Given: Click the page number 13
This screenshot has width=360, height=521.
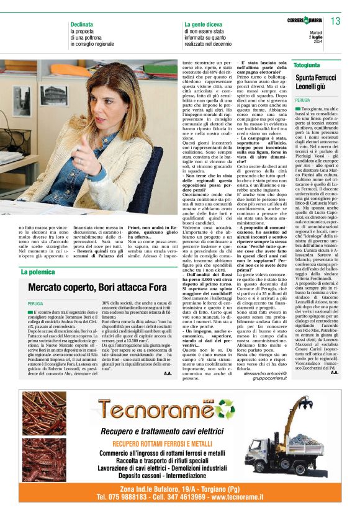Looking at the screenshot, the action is click(x=336, y=22).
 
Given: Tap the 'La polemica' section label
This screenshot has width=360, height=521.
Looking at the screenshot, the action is click(x=38, y=272).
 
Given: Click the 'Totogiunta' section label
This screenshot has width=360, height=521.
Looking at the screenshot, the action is click(x=307, y=65).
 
